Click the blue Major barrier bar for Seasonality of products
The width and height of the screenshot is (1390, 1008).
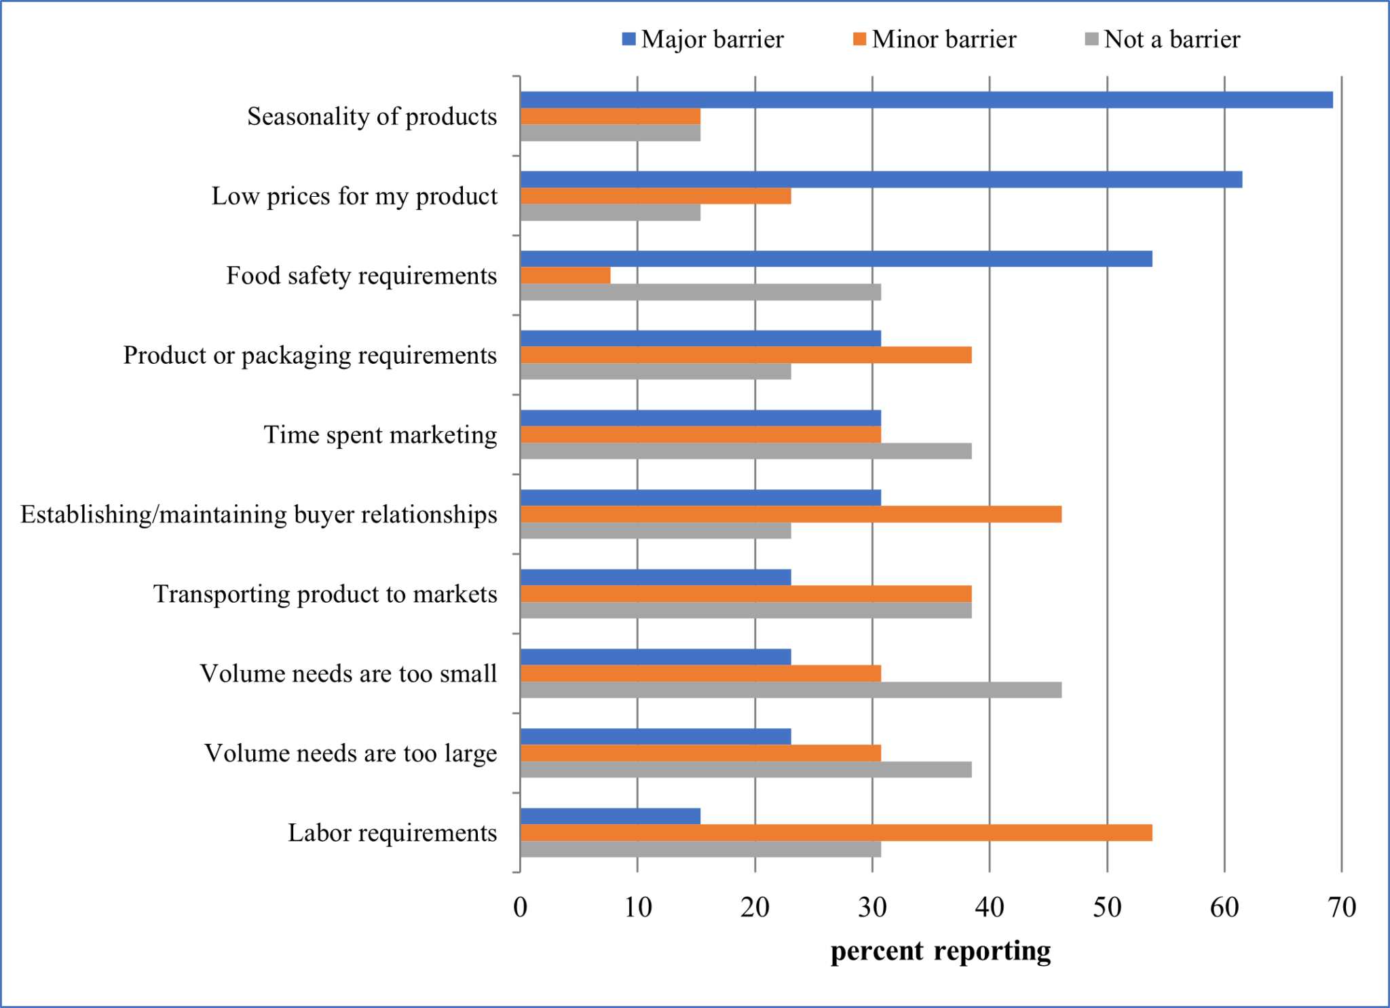coord(926,100)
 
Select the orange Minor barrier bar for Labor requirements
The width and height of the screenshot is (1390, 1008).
coord(836,833)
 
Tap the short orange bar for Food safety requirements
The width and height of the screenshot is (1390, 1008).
coord(565,276)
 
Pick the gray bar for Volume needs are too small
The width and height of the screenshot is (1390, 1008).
coord(791,690)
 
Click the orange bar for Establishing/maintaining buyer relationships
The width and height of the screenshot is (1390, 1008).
coord(791,515)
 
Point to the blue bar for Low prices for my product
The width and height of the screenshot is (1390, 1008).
coord(881,180)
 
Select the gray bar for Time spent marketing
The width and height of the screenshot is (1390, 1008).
coord(746,451)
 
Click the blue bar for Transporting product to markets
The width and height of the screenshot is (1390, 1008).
coord(656,578)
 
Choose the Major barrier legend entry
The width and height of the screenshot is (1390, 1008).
coord(703,39)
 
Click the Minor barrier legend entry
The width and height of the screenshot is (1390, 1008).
coord(935,39)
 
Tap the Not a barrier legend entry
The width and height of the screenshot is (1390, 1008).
coord(1163,39)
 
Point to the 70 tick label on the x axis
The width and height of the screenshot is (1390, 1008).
coord(1342,908)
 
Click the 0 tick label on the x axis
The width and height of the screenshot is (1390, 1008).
coord(521,908)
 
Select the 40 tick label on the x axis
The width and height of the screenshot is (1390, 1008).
coord(990,908)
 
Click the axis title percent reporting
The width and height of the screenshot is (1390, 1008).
coord(941,951)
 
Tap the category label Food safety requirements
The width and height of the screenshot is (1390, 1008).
coord(361,276)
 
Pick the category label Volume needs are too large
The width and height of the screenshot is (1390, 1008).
coord(350,753)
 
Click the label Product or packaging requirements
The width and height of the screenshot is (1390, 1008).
coord(309,355)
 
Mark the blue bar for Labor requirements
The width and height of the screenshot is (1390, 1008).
coord(610,817)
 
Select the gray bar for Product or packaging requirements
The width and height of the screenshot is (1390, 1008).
coord(656,372)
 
